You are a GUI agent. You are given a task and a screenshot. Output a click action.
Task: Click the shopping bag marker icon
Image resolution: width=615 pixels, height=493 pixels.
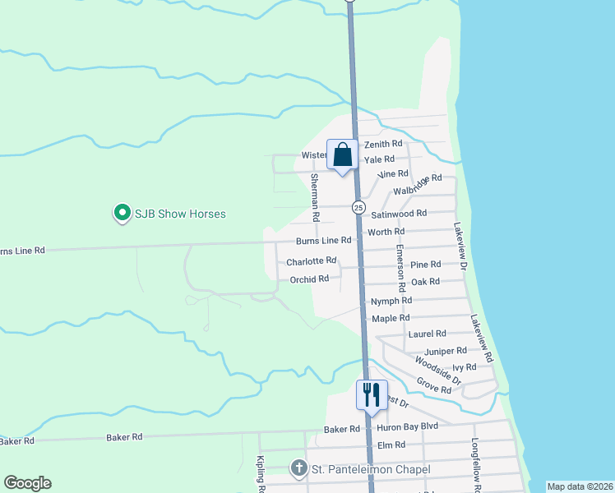click(x=342, y=154)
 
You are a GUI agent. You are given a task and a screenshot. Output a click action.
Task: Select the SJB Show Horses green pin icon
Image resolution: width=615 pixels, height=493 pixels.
click(x=122, y=214)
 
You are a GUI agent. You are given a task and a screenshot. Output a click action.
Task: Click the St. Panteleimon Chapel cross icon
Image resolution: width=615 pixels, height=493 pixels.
click(x=298, y=469)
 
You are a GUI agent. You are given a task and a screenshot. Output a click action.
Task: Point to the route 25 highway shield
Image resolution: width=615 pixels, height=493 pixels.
click(x=358, y=207)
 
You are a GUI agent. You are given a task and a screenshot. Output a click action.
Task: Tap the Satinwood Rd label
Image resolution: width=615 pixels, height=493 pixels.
click(x=399, y=214)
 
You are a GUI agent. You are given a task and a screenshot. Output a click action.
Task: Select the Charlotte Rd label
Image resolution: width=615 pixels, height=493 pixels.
click(x=311, y=261)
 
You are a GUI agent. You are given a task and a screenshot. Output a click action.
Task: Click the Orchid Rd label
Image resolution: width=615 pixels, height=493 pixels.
click(x=309, y=279)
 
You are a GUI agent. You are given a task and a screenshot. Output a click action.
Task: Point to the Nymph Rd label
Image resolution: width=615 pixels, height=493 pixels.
click(x=391, y=302)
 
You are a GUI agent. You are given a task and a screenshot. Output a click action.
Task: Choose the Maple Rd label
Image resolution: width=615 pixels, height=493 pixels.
click(x=391, y=318)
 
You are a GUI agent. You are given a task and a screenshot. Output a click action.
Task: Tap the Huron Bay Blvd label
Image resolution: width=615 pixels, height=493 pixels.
click(x=407, y=428)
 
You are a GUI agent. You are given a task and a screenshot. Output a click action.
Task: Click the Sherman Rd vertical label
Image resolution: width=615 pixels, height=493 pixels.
click(x=314, y=197)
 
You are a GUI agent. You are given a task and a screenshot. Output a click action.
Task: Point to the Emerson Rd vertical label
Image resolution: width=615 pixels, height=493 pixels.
click(x=400, y=270)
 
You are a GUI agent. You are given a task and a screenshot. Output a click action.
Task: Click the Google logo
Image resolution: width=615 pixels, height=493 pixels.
click(x=26, y=483)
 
